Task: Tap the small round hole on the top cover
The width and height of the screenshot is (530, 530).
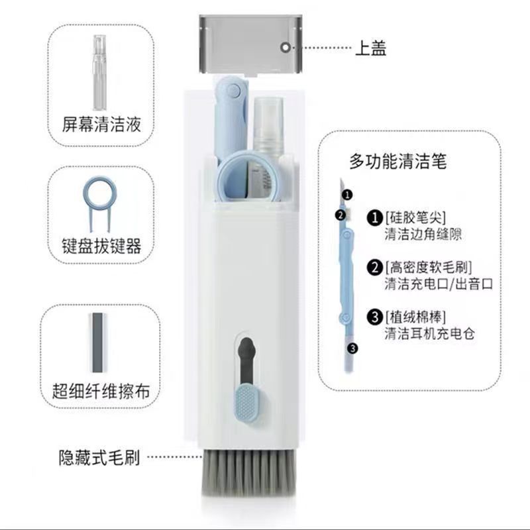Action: [286, 48]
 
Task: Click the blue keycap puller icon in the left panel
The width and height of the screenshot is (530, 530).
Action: [99, 201]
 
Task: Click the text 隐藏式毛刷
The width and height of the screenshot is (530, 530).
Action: [99, 457]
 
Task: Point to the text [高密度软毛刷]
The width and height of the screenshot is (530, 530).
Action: [428, 268]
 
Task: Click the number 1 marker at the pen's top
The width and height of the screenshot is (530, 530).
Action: [348, 195]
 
